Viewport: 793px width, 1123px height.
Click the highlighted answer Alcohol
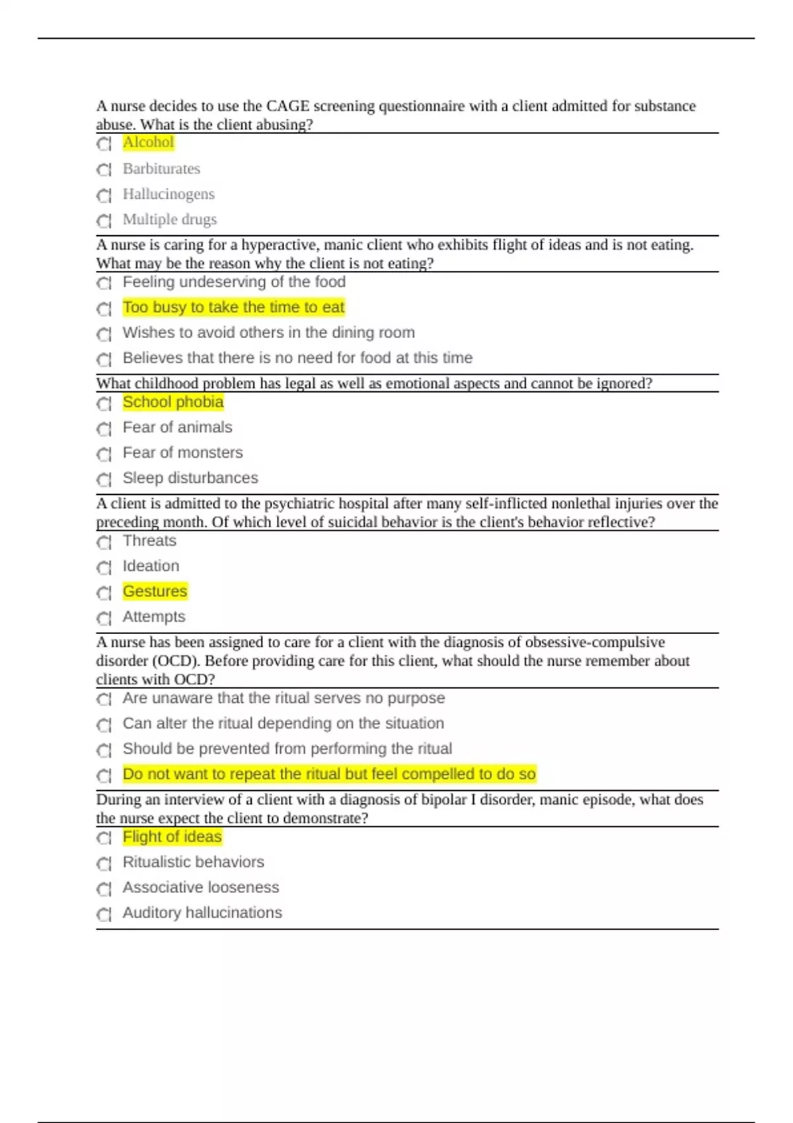tap(148, 143)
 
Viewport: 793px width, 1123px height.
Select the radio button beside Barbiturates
tap(104, 170)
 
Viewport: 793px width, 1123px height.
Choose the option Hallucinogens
tap(169, 194)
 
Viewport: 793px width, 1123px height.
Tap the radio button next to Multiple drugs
tap(104, 221)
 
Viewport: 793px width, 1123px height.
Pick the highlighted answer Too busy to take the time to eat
tap(233, 307)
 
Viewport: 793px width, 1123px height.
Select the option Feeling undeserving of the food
tap(234, 282)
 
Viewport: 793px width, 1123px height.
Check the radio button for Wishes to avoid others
tap(104, 334)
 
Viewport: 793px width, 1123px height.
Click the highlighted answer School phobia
tap(173, 402)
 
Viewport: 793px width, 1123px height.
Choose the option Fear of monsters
tap(182, 453)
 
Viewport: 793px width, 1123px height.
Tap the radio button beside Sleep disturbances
tap(104, 480)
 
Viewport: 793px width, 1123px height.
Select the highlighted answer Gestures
tap(155, 591)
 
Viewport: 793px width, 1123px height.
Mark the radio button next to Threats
tap(104, 542)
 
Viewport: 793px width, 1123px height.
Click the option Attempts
tap(154, 616)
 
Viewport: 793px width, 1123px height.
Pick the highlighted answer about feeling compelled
tap(329, 774)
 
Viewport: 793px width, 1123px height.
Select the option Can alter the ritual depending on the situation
tap(283, 723)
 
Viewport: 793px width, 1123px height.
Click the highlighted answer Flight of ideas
tap(172, 837)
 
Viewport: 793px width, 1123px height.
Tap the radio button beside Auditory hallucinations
tap(104, 914)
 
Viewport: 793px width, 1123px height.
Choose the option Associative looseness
tap(201, 887)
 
